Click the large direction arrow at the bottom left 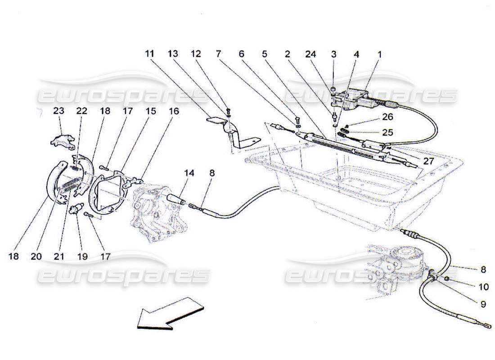[x=170, y=316]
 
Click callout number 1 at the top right [x=379, y=54]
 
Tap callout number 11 [x=149, y=54]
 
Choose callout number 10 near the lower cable [x=483, y=286]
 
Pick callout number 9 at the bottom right [x=483, y=304]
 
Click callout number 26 [x=388, y=117]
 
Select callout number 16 [x=174, y=111]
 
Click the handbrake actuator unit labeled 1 [x=355, y=99]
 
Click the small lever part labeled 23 [x=62, y=139]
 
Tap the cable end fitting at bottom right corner [x=487, y=325]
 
